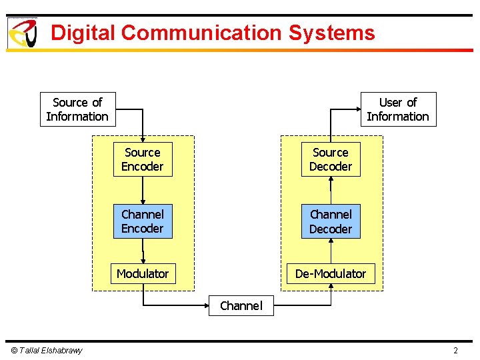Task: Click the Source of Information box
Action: (77, 109)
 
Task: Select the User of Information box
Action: (398, 109)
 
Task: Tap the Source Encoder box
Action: (143, 159)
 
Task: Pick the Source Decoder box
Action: (331, 159)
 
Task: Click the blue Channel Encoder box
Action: (143, 221)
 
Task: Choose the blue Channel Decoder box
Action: (331, 221)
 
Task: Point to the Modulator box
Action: (143, 273)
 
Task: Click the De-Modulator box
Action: (331, 273)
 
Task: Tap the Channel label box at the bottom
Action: (241, 305)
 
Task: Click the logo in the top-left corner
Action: (22, 33)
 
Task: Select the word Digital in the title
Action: (83, 33)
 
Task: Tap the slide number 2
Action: (456, 351)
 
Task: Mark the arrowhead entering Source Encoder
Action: (143, 139)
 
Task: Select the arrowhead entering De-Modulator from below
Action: (331, 287)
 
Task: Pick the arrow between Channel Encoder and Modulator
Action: (143, 251)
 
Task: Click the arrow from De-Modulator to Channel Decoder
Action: (331, 251)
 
